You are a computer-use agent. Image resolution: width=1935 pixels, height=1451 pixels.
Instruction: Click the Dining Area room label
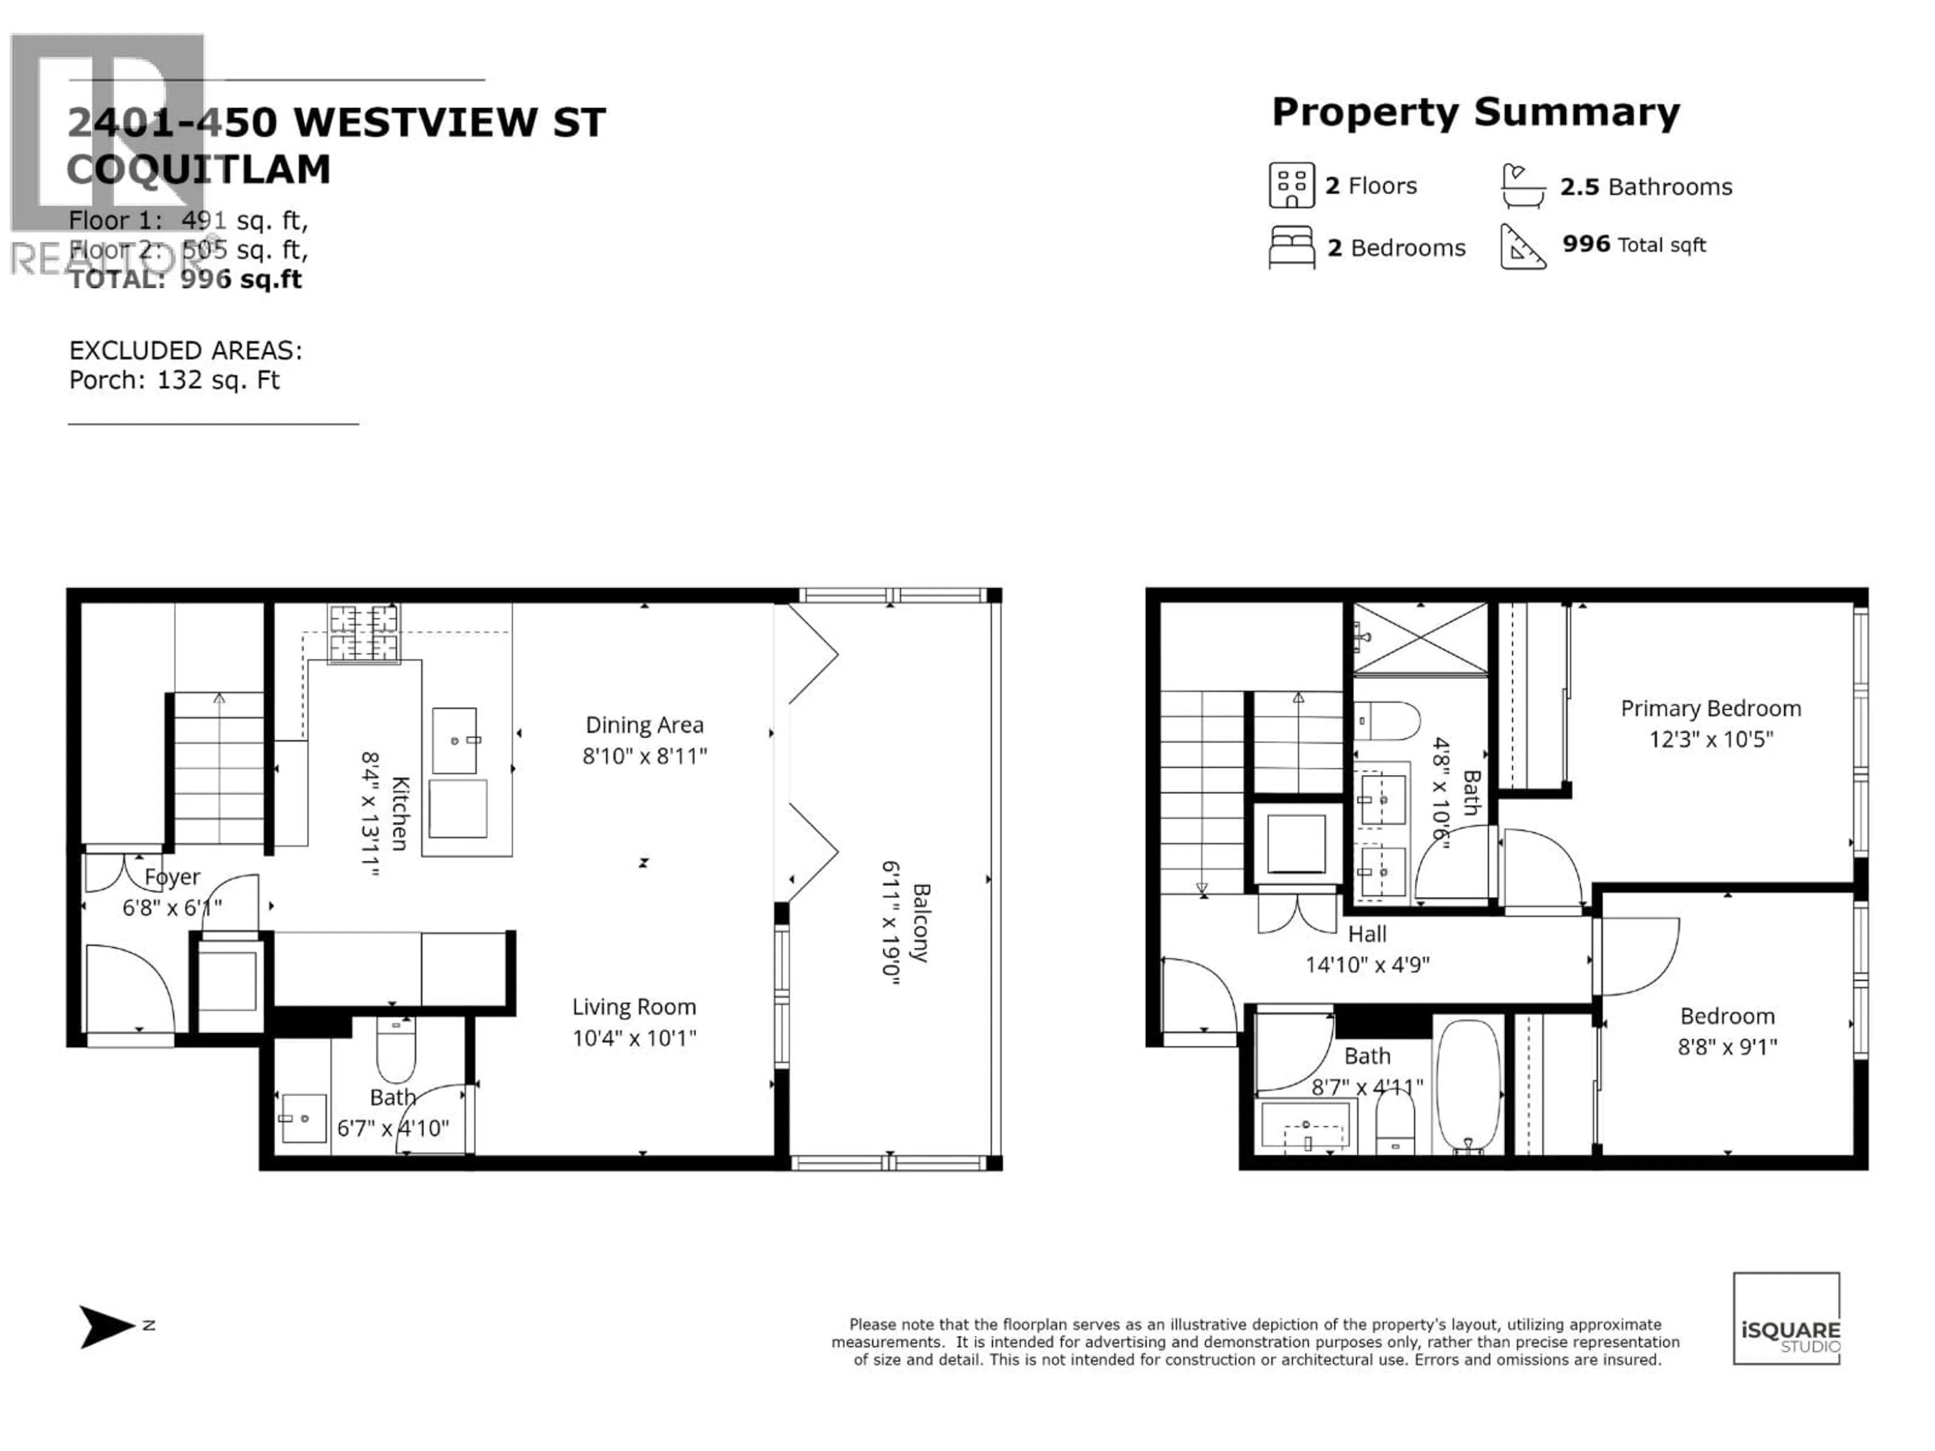coord(644,725)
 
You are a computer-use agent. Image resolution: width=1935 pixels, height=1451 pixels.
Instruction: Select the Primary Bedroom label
coord(1710,708)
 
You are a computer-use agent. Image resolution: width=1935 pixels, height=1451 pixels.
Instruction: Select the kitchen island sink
coord(455,741)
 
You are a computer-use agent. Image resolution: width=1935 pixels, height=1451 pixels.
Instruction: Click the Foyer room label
coord(172,876)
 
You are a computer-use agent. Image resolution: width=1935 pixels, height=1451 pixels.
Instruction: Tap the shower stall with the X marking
coord(1420,638)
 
